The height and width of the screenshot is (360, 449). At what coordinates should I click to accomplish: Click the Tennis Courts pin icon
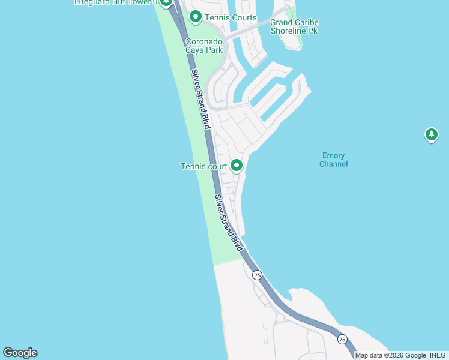tap(195, 17)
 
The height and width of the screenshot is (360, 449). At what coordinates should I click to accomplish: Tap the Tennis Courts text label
tap(231, 18)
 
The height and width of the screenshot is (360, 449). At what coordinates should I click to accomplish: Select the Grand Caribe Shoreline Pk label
tap(294, 26)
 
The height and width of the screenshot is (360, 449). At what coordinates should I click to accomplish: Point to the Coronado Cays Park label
tap(204, 46)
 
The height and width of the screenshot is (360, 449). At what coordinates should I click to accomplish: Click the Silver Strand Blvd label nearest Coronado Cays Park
tap(201, 99)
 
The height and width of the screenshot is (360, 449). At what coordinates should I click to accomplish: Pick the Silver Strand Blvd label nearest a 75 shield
tap(229, 223)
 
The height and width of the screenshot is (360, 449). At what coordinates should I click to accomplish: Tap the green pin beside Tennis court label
tap(237, 165)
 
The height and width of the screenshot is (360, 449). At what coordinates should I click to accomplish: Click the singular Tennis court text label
tap(204, 166)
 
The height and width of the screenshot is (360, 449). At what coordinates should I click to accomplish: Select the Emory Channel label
tap(333, 160)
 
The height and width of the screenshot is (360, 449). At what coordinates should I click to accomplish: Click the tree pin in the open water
tap(431, 134)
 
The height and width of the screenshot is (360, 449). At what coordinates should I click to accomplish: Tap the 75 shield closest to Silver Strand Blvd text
tap(257, 275)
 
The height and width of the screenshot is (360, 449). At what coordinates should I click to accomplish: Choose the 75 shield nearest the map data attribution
tap(342, 339)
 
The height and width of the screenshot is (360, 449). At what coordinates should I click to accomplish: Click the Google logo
tap(20, 353)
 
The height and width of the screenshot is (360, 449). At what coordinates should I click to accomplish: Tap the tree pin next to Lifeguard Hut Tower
tap(166, 2)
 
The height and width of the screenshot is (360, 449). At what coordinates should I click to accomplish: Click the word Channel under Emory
tap(333, 164)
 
